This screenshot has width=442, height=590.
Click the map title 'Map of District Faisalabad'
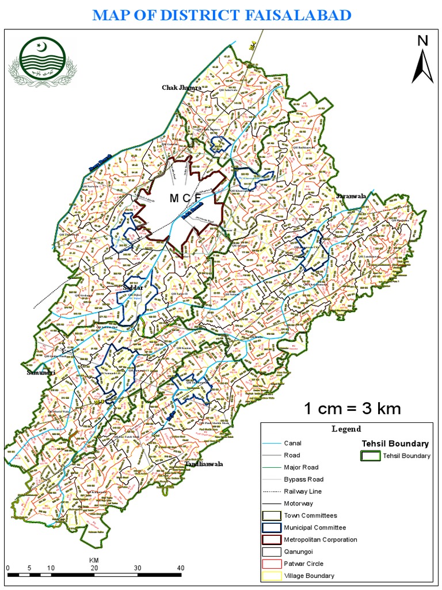point(222,15)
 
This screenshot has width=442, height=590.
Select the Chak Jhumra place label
point(181,88)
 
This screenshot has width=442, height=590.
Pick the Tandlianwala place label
point(204,464)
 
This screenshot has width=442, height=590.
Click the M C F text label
point(185,199)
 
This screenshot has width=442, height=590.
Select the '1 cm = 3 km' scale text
point(352,409)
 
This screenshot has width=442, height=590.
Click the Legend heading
point(346,429)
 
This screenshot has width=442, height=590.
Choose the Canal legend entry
point(292,444)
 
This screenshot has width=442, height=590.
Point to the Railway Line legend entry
point(302,491)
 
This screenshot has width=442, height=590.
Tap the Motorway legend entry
point(299,504)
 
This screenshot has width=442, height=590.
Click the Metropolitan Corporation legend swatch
point(271,540)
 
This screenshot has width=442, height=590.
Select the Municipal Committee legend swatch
point(271,528)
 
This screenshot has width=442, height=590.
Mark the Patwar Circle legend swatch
point(271,564)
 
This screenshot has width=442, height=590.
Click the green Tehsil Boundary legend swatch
point(370,456)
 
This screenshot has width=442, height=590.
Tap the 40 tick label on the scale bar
point(181,568)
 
